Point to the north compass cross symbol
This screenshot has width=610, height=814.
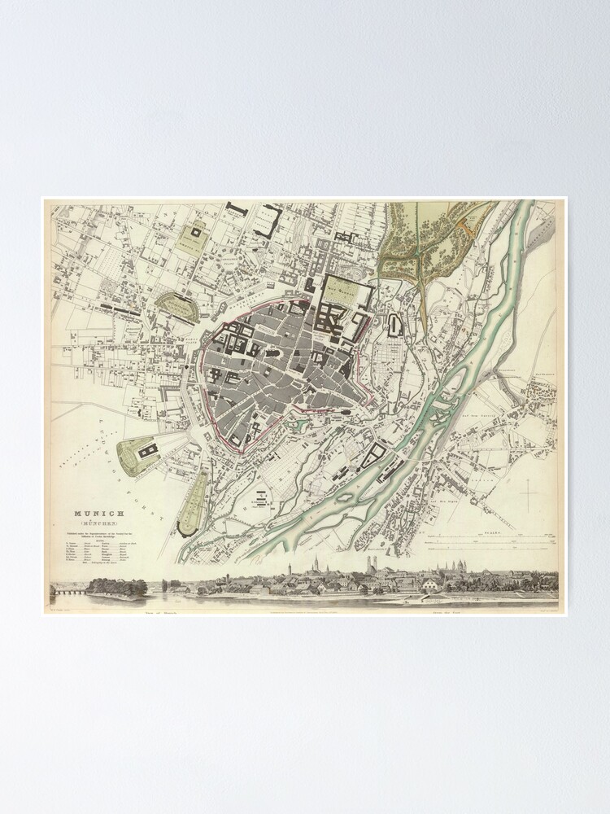529,496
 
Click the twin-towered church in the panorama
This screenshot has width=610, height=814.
317,568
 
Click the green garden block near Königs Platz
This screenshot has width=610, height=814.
193,236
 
